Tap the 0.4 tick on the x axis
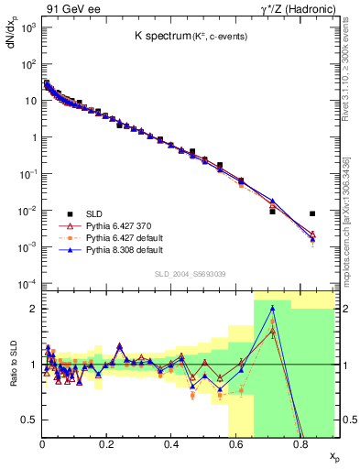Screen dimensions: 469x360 tap(171, 443)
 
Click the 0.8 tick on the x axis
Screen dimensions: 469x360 tap(300, 443)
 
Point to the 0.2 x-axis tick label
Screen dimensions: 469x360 tap(107, 443)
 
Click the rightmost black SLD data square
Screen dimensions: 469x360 tap(312, 213)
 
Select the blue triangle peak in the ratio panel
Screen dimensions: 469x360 tap(272, 308)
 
